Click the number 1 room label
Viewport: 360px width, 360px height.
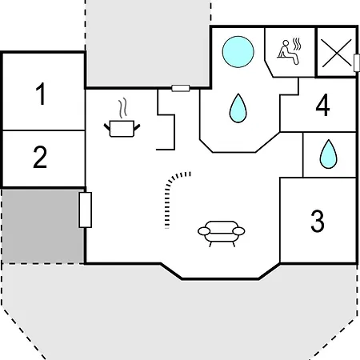(x=41, y=94)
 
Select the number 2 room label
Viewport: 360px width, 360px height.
(x=40, y=158)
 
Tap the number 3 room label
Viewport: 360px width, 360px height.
(x=318, y=221)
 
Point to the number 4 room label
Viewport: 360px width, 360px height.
(x=322, y=106)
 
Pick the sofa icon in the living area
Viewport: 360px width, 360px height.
(x=221, y=234)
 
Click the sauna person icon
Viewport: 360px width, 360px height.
(x=288, y=52)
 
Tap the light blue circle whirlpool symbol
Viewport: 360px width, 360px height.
(x=238, y=52)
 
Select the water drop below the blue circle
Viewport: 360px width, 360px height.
(x=238, y=108)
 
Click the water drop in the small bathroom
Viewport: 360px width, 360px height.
(x=328, y=154)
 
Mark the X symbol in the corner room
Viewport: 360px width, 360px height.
(x=337, y=53)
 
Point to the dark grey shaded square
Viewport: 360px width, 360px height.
(x=42, y=226)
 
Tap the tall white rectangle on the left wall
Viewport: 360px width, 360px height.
(x=86, y=210)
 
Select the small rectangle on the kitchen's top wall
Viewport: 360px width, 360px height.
(x=181, y=88)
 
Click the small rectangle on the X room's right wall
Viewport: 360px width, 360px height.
(x=357, y=62)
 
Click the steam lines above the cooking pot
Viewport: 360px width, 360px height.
(x=122, y=108)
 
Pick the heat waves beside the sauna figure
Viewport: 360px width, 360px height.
(x=297, y=44)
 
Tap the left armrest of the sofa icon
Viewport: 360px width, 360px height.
(x=204, y=231)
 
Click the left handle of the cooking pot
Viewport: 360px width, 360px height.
(x=106, y=127)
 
